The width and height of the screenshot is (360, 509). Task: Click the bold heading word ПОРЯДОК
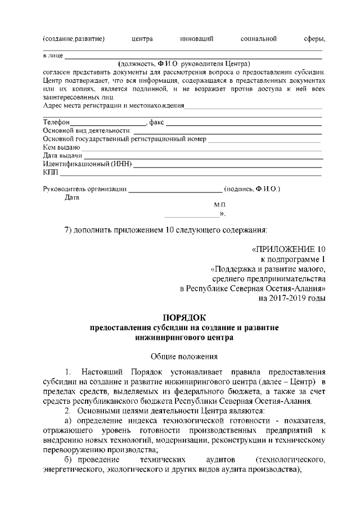(182, 317)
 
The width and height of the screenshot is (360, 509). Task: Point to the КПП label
(50, 172)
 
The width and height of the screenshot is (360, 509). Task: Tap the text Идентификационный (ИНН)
(87, 164)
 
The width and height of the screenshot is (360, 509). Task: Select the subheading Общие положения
(183, 356)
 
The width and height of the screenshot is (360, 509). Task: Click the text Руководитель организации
(85, 189)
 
